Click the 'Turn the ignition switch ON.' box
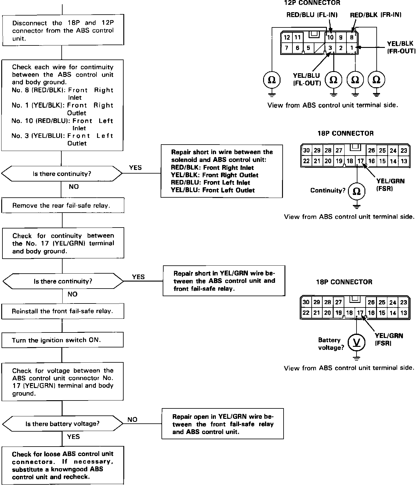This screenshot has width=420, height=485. point(62,340)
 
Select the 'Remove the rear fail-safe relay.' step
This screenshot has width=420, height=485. point(63,206)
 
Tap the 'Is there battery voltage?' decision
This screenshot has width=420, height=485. point(62,424)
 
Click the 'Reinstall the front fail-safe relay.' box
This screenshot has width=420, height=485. point(63,311)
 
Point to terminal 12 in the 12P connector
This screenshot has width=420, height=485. point(287,38)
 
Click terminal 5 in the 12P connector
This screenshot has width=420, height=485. point(308,48)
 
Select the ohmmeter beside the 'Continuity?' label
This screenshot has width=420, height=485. point(356,191)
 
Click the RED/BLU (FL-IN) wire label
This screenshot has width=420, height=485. point(312,15)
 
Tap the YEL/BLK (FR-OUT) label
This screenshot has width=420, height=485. point(401,47)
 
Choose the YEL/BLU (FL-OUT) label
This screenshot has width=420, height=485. point(306,79)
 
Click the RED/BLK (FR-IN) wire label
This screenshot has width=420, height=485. point(375,15)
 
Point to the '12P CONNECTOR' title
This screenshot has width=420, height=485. point(312,3)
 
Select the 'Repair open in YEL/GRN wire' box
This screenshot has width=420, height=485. point(223,424)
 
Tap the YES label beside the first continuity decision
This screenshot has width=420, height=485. point(135,168)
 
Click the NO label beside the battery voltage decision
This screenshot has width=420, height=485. point(132,420)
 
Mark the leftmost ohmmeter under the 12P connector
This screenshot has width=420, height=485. point(271,80)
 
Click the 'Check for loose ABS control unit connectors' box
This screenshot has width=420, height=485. point(63,465)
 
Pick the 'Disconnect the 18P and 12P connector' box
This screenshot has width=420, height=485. point(63,30)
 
